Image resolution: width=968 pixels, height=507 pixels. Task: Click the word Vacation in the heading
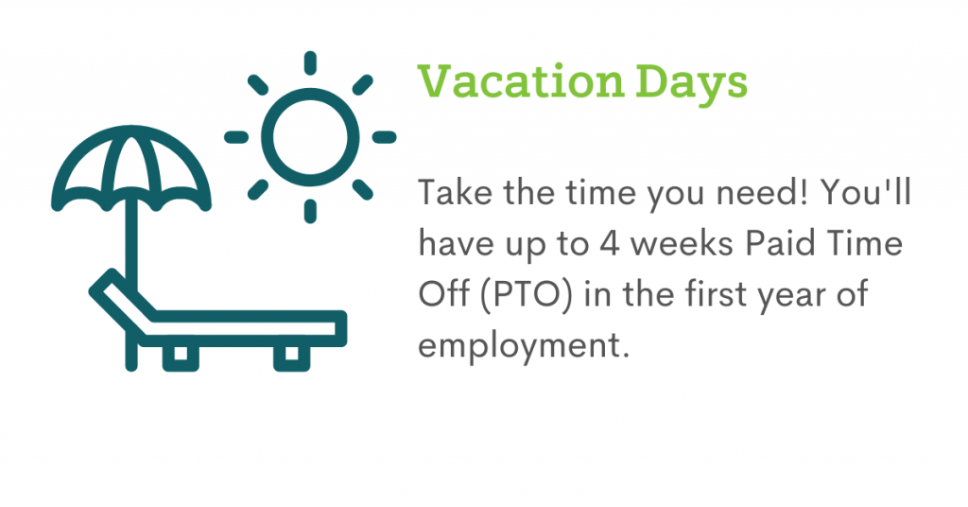click(x=521, y=81)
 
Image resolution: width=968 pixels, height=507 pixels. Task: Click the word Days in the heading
click(x=691, y=84)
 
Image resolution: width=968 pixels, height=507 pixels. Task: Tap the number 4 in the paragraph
click(x=609, y=243)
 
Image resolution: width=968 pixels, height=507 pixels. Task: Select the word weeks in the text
click(x=683, y=243)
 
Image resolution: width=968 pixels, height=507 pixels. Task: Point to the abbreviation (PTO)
click(x=527, y=294)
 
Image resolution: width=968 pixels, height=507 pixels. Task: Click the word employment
click(x=524, y=346)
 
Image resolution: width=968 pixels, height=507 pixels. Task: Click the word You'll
click(x=866, y=193)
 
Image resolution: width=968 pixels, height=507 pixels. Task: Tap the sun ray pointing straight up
click(x=310, y=63)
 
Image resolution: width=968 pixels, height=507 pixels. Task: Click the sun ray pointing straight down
click(x=310, y=211)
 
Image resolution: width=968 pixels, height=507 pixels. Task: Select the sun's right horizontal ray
click(x=384, y=137)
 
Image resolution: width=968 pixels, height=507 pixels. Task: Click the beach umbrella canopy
click(x=130, y=132)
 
